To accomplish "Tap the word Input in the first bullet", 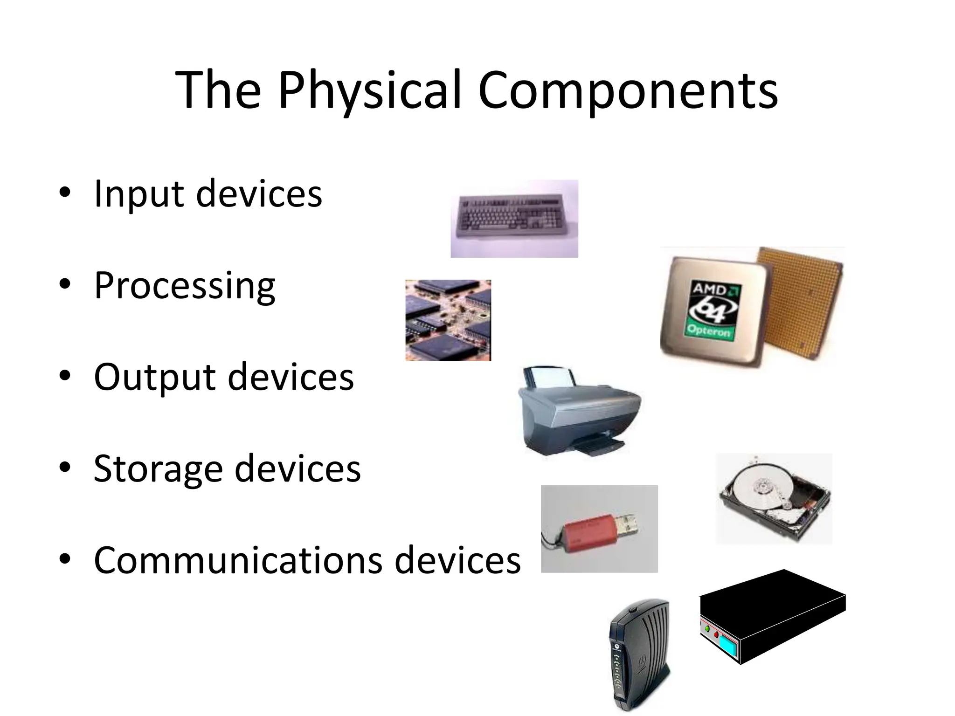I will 138,193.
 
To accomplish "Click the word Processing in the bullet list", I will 185,286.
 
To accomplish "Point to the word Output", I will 154,377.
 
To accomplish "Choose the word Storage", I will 158,468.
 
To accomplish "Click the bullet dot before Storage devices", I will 65,468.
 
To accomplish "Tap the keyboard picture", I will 515,218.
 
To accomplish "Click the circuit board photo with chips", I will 448,320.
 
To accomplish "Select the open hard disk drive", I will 774,498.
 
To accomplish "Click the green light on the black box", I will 707,629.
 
